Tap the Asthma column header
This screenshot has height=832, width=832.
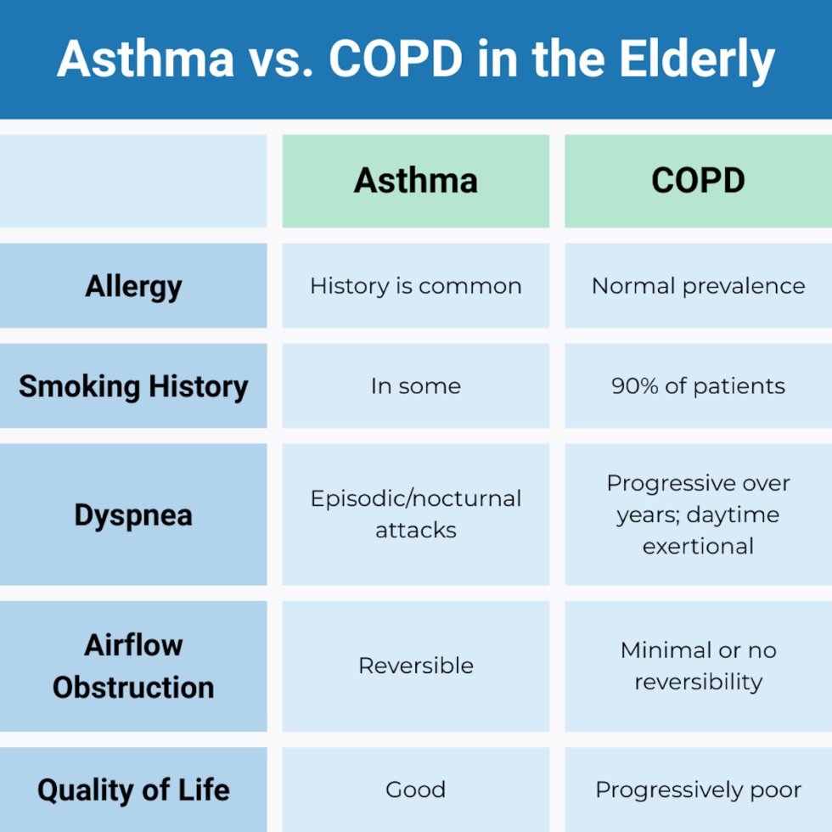tap(416, 181)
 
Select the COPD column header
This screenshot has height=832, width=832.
tap(698, 181)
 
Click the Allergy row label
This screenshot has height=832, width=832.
tap(133, 286)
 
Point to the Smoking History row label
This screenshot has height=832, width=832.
tap(133, 386)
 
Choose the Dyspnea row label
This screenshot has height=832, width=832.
tap(133, 514)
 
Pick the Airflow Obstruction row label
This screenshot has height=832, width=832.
tap(133, 666)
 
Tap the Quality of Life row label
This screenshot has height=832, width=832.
tap(133, 790)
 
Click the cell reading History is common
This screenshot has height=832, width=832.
tap(416, 286)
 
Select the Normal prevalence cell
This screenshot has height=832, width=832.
tap(698, 286)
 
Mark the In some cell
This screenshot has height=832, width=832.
tap(416, 386)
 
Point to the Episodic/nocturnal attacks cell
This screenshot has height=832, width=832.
tap(416, 514)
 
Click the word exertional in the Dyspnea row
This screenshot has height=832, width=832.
tap(698, 546)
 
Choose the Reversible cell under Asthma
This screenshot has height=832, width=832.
tap(416, 666)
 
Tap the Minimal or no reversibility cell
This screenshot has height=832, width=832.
tap(698, 666)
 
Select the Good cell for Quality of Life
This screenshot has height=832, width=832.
tap(416, 790)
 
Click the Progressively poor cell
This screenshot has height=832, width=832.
tap(698, 790)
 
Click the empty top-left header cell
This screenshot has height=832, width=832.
tap(133, 181)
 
